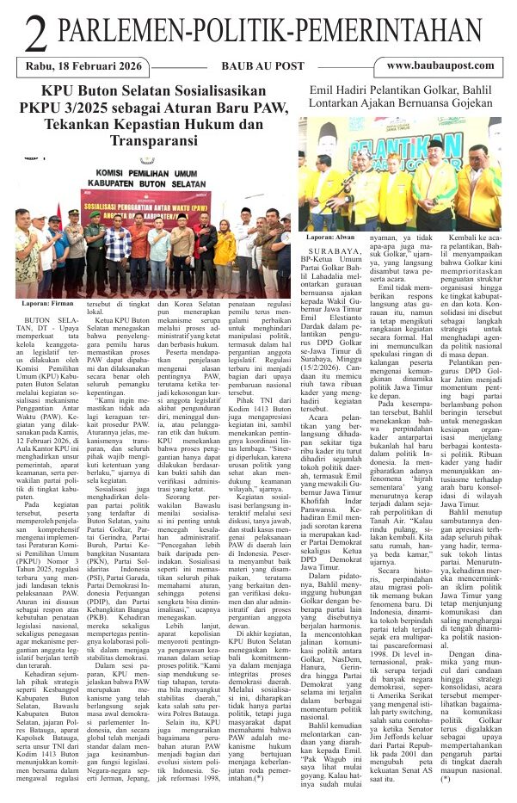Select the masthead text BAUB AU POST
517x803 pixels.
258,65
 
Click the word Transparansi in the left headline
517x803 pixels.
151,139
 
